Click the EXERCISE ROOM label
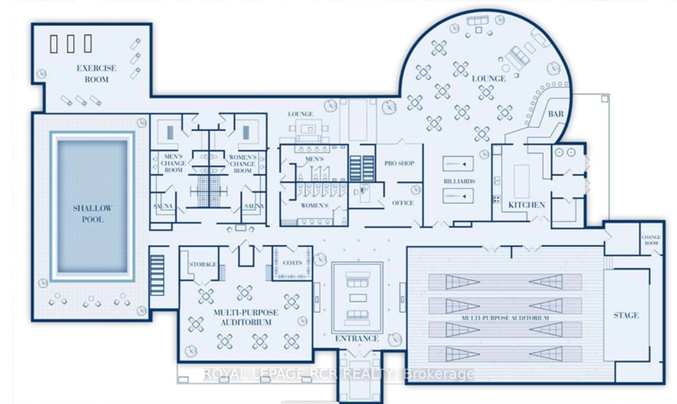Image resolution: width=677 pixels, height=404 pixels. [96, 74]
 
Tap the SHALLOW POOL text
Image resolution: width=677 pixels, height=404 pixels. [93, 214]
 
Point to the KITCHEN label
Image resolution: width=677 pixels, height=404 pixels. [526, 205]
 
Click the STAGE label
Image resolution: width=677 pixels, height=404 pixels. [626, 315]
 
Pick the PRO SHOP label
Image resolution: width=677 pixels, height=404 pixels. [399, 163]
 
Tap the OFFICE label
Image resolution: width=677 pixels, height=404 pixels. [403, 203]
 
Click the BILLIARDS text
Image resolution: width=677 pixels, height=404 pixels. [459, 181]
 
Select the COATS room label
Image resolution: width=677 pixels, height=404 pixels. [292, 263]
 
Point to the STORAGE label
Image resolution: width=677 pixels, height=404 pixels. [203, 264]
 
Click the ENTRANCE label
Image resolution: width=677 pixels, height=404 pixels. [357, 338]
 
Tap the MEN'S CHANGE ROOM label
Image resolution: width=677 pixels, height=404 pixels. [173, 163]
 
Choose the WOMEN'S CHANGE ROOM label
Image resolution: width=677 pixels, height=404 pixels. [242, 164]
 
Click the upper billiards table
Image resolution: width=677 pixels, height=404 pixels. [458, 164]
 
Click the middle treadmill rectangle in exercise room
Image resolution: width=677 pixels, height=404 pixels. [71, 44]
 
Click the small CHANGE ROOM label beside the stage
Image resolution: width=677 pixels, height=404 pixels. [651, 240]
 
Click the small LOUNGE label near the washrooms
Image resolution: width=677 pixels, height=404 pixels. [300, 114]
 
